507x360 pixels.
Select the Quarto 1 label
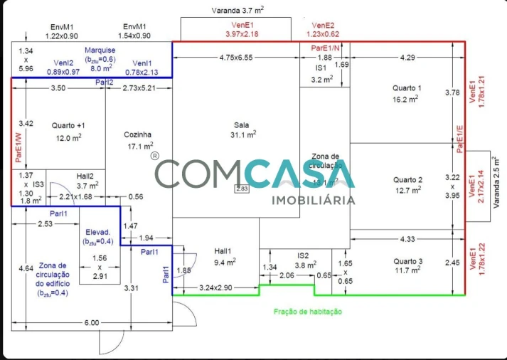pyautogui.click(x=407, y=88)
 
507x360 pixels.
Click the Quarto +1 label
pyautogui.click(x=68, y=125)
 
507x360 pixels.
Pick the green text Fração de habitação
pyautogui.click(x=308, y=312)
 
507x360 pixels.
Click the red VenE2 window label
pyautogui.click(x=323, y=24)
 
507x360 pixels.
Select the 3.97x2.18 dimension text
pyautogui.click(x=242, y=33)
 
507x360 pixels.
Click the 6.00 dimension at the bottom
pyautogui.click(x=92, y=323)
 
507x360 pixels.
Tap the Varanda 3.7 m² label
pyautogui.click(x=238, y=11)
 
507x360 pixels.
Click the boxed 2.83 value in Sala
pyautogui.click(x=242, y=189)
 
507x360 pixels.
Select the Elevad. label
pyautogui.click(x=99, y=232)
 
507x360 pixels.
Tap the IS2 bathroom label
pyautogui.click(x=303, y=255)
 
